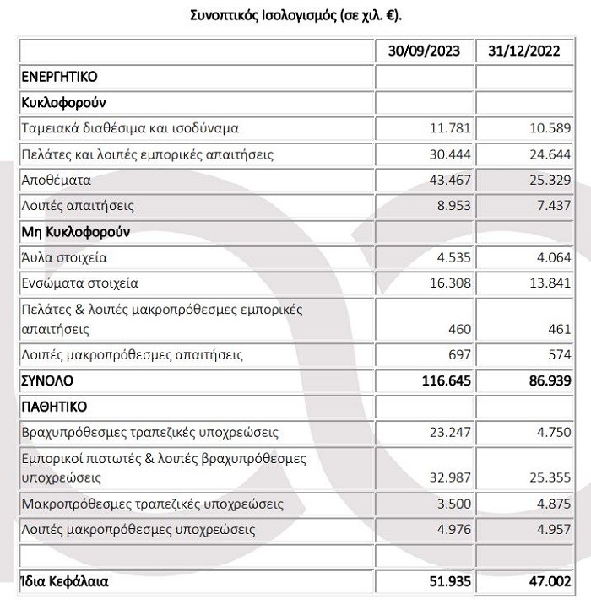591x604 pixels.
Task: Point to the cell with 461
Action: click(x=559, y=330)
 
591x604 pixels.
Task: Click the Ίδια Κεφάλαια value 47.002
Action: click(x=546, y=582)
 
